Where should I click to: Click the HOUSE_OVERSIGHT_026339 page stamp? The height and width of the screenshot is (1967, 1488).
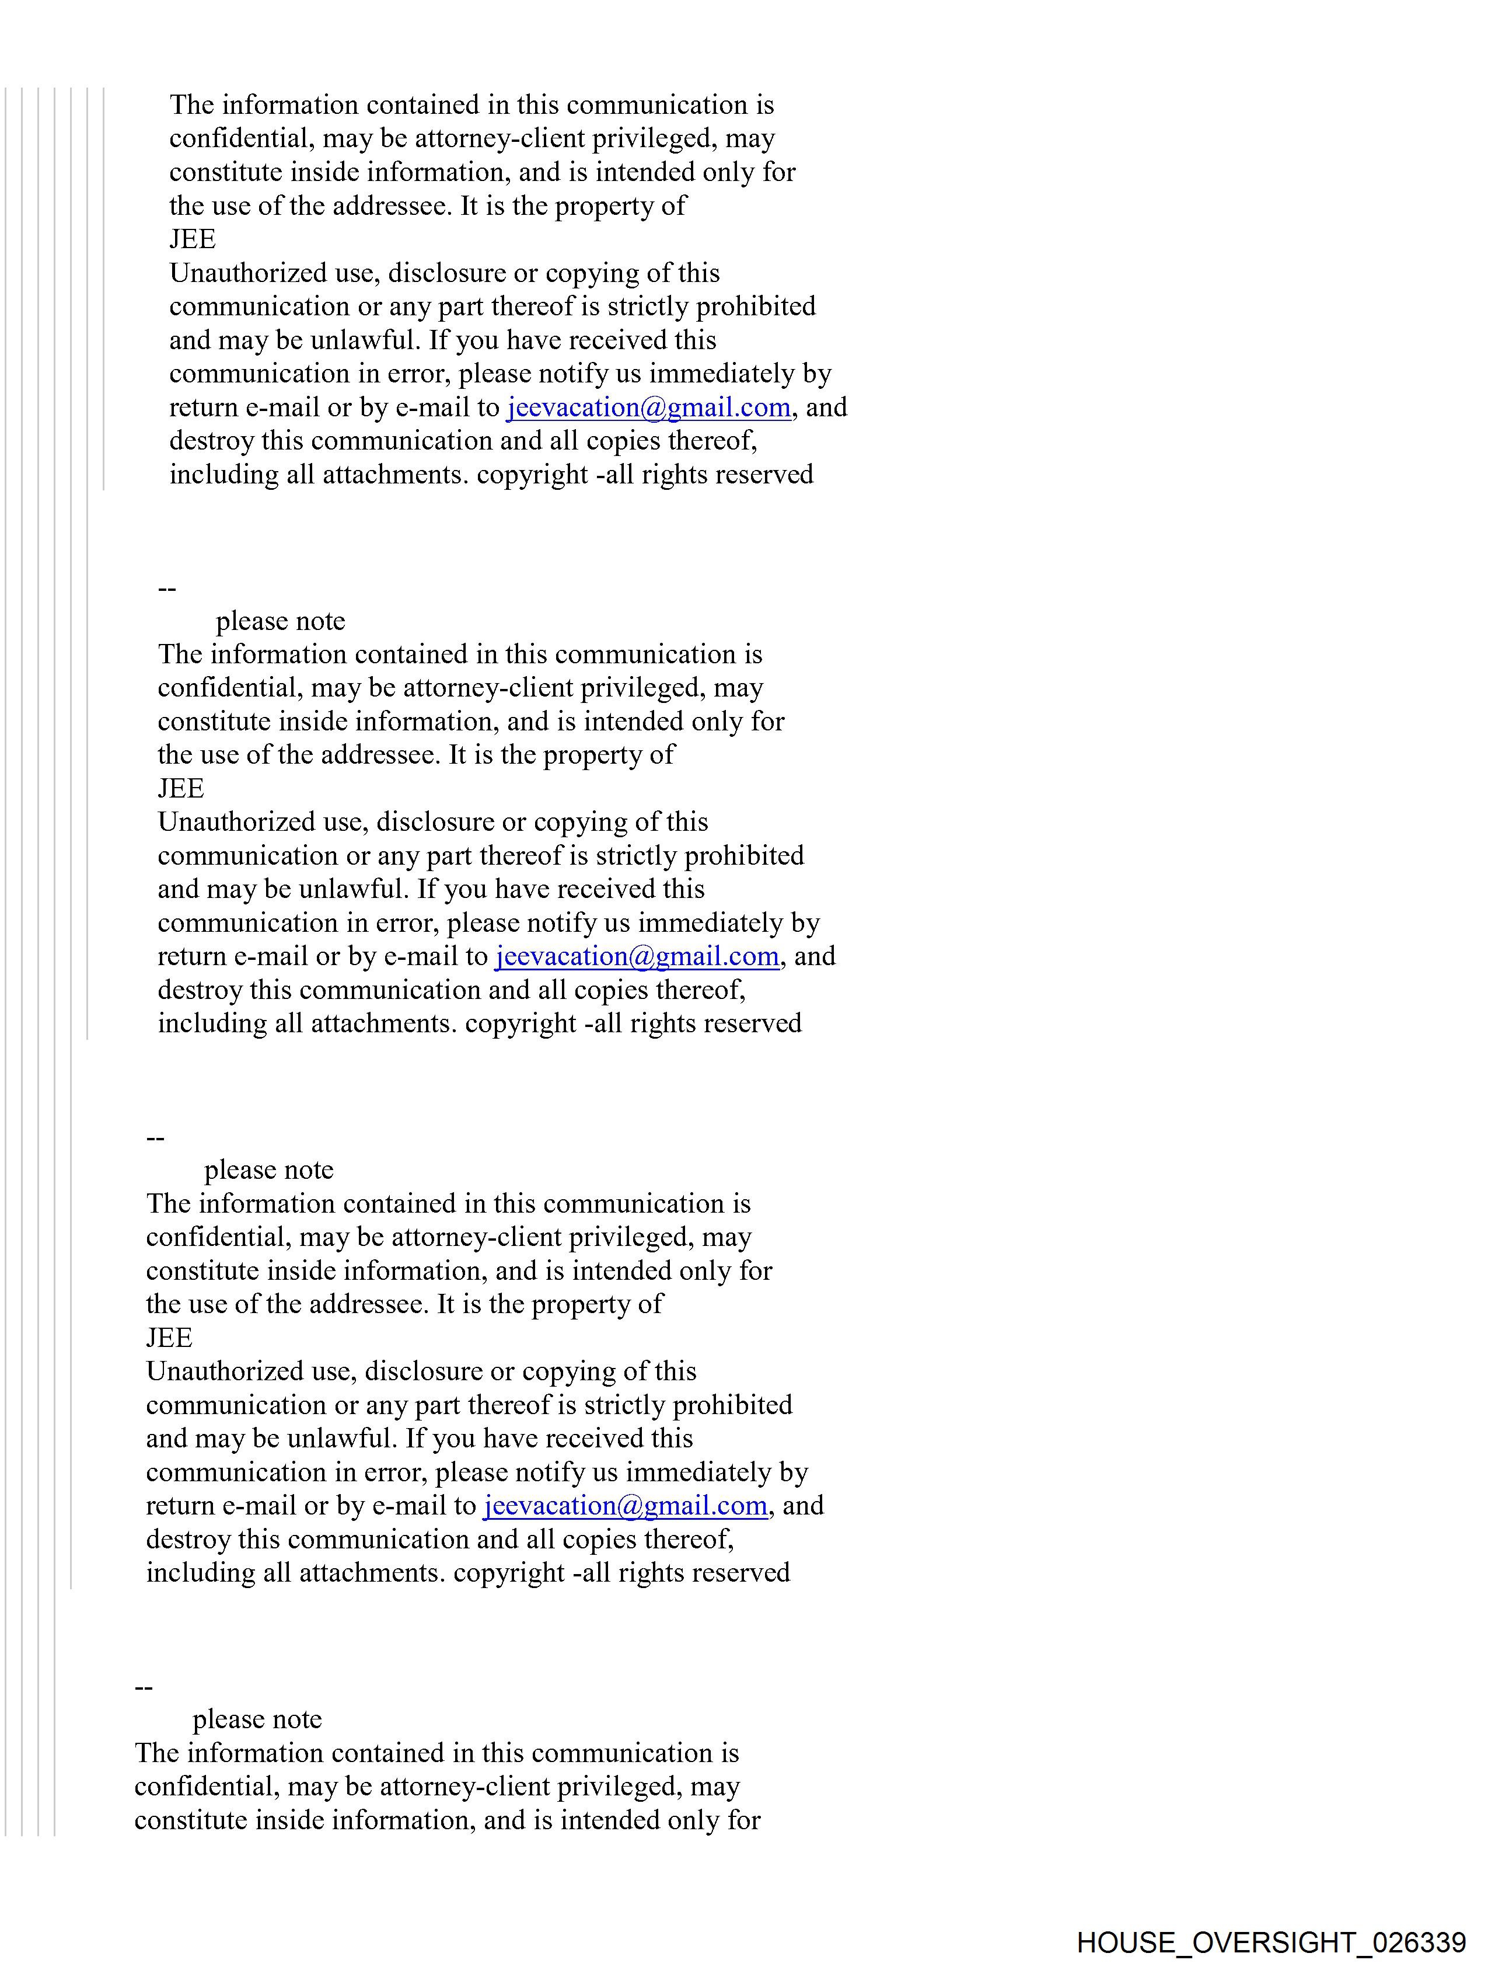click(x=1270, y=1942)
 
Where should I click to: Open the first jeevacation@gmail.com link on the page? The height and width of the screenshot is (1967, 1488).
click(x=648, y=408)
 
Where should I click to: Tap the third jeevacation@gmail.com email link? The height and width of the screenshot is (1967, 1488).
click(x=625, y=1506)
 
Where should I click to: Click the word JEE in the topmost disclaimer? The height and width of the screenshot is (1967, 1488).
click(x=192, y=239)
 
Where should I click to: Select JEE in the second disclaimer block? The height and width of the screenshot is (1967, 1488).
click(x=180, y=789)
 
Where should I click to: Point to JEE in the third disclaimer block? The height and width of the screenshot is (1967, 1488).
click(x=169, y=1338)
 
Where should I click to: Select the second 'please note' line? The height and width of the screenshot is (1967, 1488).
click(x=268, y=1170)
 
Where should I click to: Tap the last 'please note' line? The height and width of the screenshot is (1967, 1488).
click(x=257, y=1720)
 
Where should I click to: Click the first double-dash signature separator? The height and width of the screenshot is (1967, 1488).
click(x=166, y=589)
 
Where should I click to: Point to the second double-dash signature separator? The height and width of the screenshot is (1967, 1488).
click(x=155, y=1139)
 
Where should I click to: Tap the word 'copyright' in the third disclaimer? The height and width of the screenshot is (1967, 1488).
click(x=508, y=1573)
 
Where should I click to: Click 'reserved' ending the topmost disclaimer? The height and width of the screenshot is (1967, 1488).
click(x=764, y=475)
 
